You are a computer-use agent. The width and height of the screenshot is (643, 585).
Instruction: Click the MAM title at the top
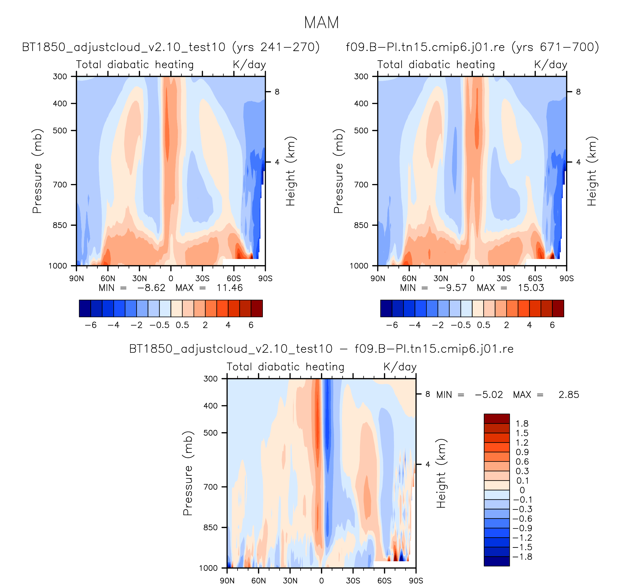(x=321, y=23)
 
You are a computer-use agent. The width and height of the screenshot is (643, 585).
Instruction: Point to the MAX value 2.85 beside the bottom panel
(x=569, y=395)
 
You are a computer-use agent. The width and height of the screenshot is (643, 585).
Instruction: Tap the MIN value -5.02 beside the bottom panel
(x=489, y=395)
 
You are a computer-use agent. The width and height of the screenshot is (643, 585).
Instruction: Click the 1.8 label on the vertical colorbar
(x=522, y=424)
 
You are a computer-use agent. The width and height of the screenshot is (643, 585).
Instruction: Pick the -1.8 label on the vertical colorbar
(x=522, y=557)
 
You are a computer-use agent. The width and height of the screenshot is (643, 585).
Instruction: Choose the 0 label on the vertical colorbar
(x=522, y=490)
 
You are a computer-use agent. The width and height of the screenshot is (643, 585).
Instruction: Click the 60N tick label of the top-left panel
(x=108, y=279)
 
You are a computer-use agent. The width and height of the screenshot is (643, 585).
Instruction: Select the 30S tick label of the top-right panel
(x=504, y=279)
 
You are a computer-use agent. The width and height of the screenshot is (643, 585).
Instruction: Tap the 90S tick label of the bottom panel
(x=416, y=580)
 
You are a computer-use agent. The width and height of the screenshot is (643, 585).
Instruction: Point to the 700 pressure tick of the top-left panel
(x=60, y=184)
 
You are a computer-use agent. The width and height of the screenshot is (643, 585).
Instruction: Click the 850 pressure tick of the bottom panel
(x=211, y=527)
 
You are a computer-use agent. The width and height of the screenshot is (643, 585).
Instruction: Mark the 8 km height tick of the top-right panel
(x=578, y=92)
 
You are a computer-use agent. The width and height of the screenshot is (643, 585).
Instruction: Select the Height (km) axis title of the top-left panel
(x=290, y=171)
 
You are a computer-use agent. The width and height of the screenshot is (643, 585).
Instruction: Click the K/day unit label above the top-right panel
(x=551, y=65)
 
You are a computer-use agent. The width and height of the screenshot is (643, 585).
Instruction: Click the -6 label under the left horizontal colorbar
(x=91, y=325)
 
